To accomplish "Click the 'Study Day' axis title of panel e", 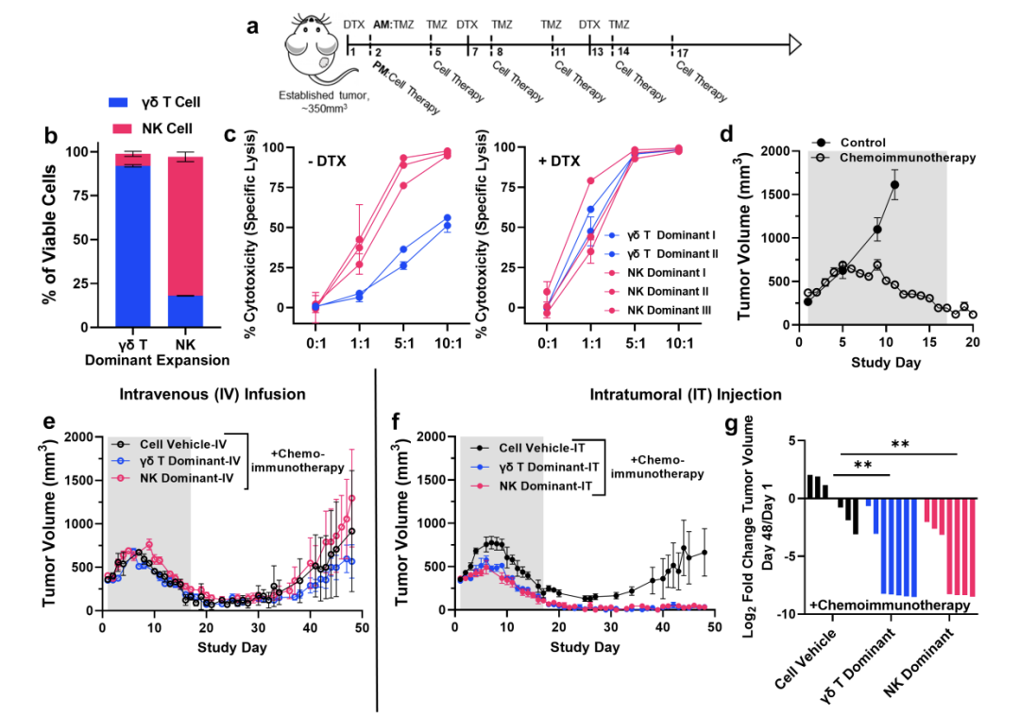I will click(x=232, y=647).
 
